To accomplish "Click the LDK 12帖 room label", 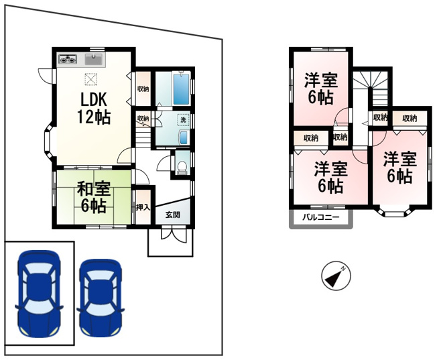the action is point(94,108).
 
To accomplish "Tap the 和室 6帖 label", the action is point(94,197).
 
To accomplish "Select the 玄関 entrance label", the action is point(173,215).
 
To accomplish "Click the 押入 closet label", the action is point(143,207).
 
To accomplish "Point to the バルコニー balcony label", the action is point(321,217).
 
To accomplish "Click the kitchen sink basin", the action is point(95,60).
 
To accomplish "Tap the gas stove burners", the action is point(68,59).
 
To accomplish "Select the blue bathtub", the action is point(181,88).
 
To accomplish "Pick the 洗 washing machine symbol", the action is point(183,120).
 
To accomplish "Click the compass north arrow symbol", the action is point(336,276).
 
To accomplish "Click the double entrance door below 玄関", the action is point(173,234).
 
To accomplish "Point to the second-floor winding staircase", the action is point(371,87).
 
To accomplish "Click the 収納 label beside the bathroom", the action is point(143,89).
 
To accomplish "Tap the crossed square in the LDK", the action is point(91,79).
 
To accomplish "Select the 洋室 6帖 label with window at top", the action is point(321,88).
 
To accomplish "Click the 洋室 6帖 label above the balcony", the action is point(331,178).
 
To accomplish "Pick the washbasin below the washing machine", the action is point(184,137).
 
